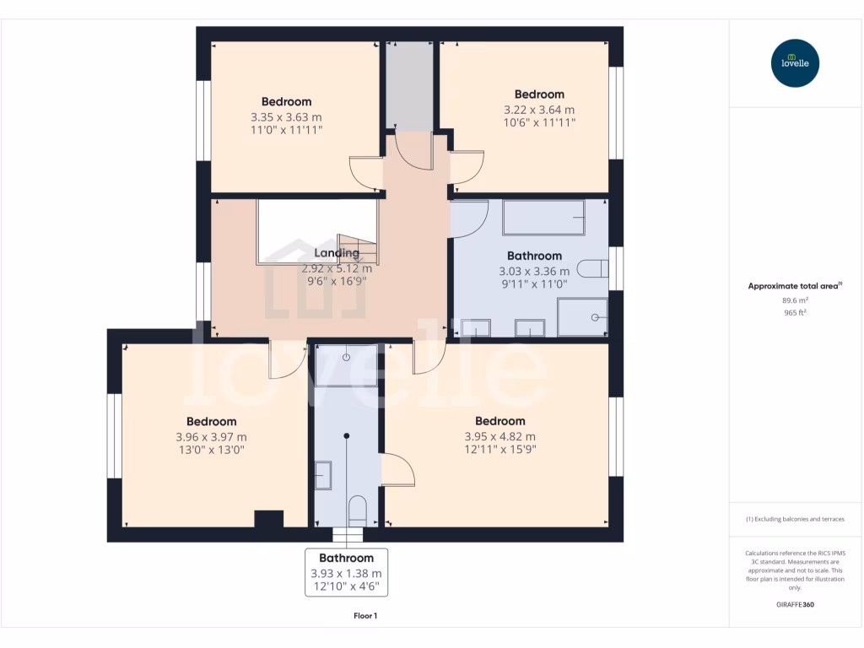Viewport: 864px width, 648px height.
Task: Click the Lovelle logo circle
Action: pyautogui.click(x=795, y=63)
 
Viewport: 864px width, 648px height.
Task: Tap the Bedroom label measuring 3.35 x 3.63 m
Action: pyautogui.click(x=286, y=102)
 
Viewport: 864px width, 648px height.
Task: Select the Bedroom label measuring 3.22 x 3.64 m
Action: pyautogui.click(x=539, y=94)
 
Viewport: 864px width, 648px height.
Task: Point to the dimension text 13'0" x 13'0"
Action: pyautogui.click(x=211, y=451)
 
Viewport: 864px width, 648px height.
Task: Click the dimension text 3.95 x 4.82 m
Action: pyautogui.click(x=499, y=436)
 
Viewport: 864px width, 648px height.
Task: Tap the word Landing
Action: pyautogui.click(x=337, y=253)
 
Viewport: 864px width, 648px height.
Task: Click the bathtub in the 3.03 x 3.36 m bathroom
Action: pyautogui.click(x=543, y=218)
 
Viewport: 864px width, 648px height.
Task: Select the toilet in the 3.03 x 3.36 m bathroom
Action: pyautogui.click(x=594, y=268)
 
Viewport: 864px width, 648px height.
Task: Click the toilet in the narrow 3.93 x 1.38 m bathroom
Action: pyautogui.click(x=357, y=510)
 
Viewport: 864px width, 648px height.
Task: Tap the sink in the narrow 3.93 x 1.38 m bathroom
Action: pyautogui.click(x=324, y=476)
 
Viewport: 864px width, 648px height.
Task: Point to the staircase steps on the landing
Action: pyautogui.click(x=356, y=248)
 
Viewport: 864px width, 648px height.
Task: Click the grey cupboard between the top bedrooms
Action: pyautogui.click(x=409, y=85)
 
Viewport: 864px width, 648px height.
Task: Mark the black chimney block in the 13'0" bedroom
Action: pyautogui.click(x=268, y=519)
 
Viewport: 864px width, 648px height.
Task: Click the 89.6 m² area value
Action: pyautogui.click(x=794, y=300)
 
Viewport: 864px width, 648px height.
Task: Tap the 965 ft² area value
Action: pyautogui.click(x=794, y=312)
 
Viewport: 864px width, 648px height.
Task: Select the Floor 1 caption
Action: pyautogui.click(x=365, y=616)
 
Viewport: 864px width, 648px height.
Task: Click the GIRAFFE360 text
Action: pyautogui.click(x=794, y=605)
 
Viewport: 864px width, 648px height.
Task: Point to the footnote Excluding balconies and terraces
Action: pyautogui.click(x=794, y=519)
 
